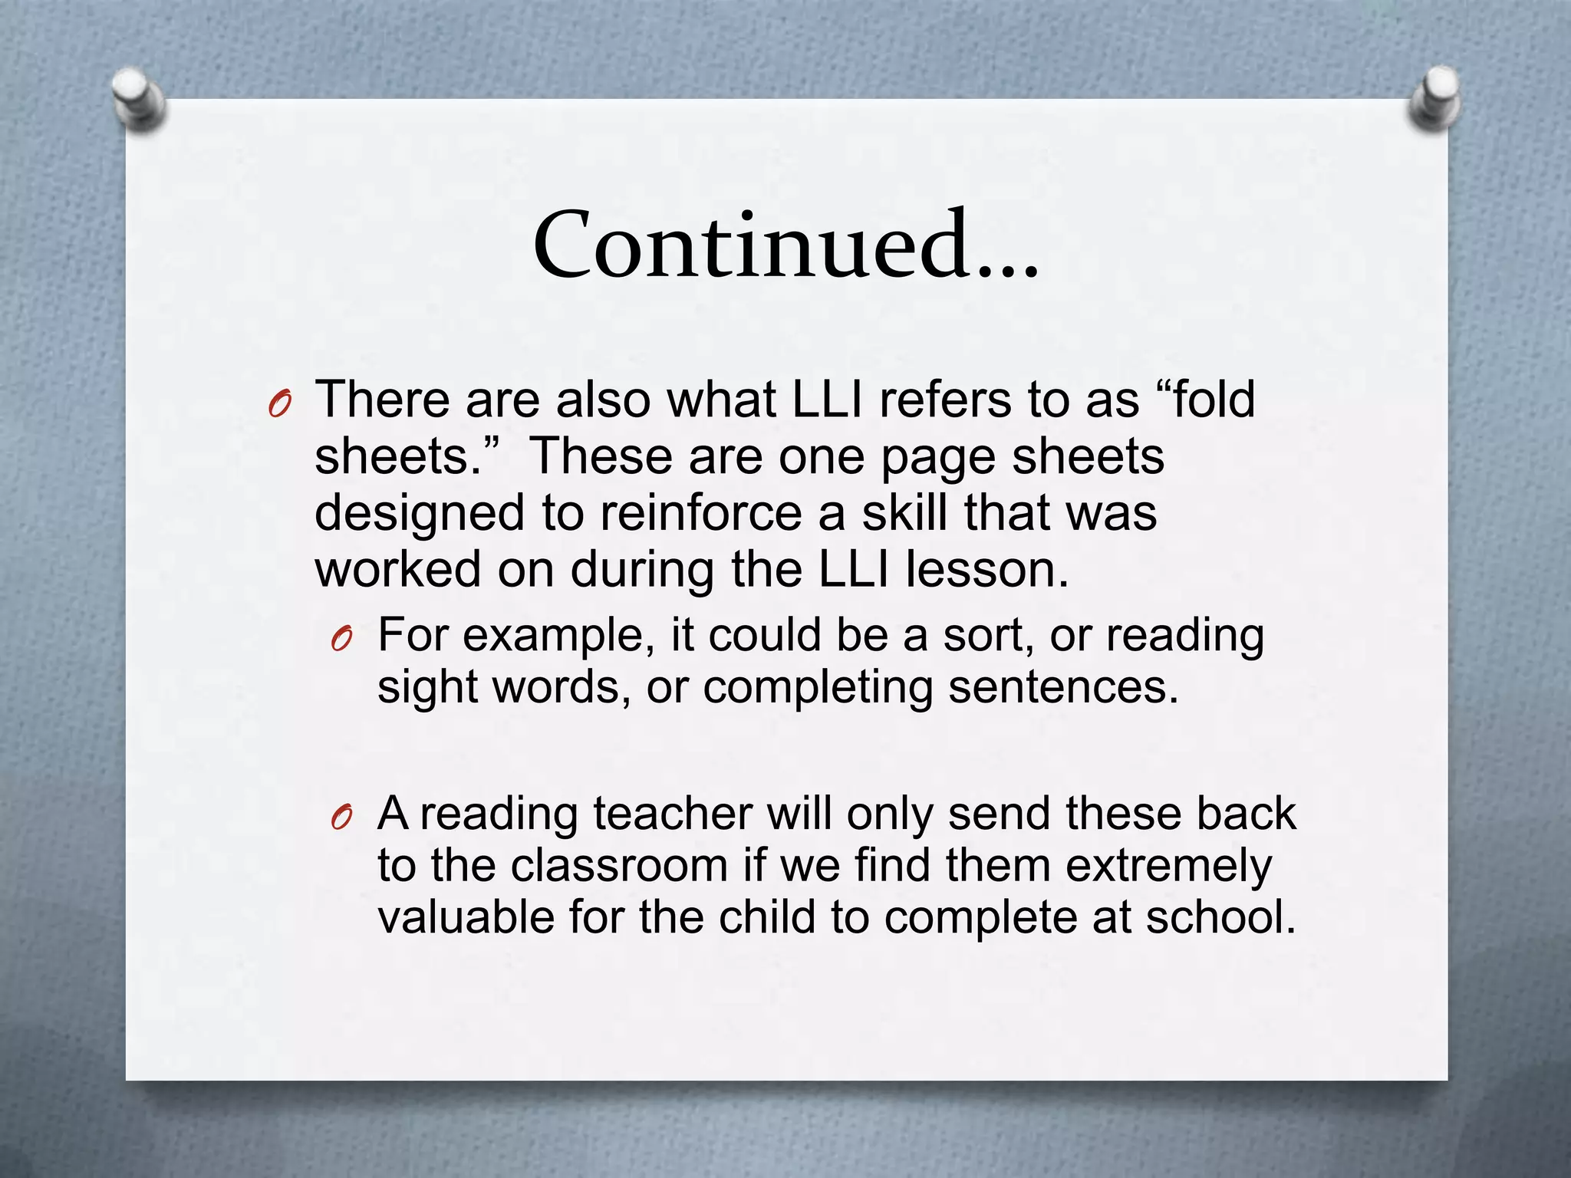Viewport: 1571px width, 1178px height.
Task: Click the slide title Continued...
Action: click(785, 245)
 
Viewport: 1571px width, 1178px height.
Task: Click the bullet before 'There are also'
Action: click(279, 403)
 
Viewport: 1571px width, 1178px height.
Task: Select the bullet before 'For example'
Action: click(341, 638)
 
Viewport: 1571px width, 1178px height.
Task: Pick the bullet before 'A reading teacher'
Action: click(341, 818)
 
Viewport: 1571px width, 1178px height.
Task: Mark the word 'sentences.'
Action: click(1063, 686)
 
